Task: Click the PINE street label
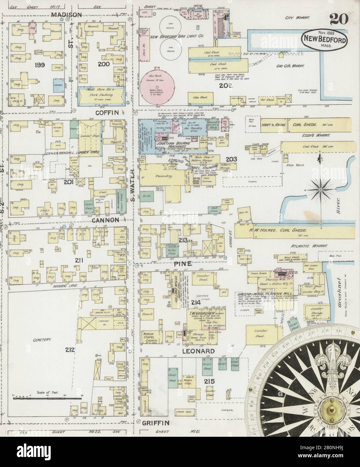(183, 264)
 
